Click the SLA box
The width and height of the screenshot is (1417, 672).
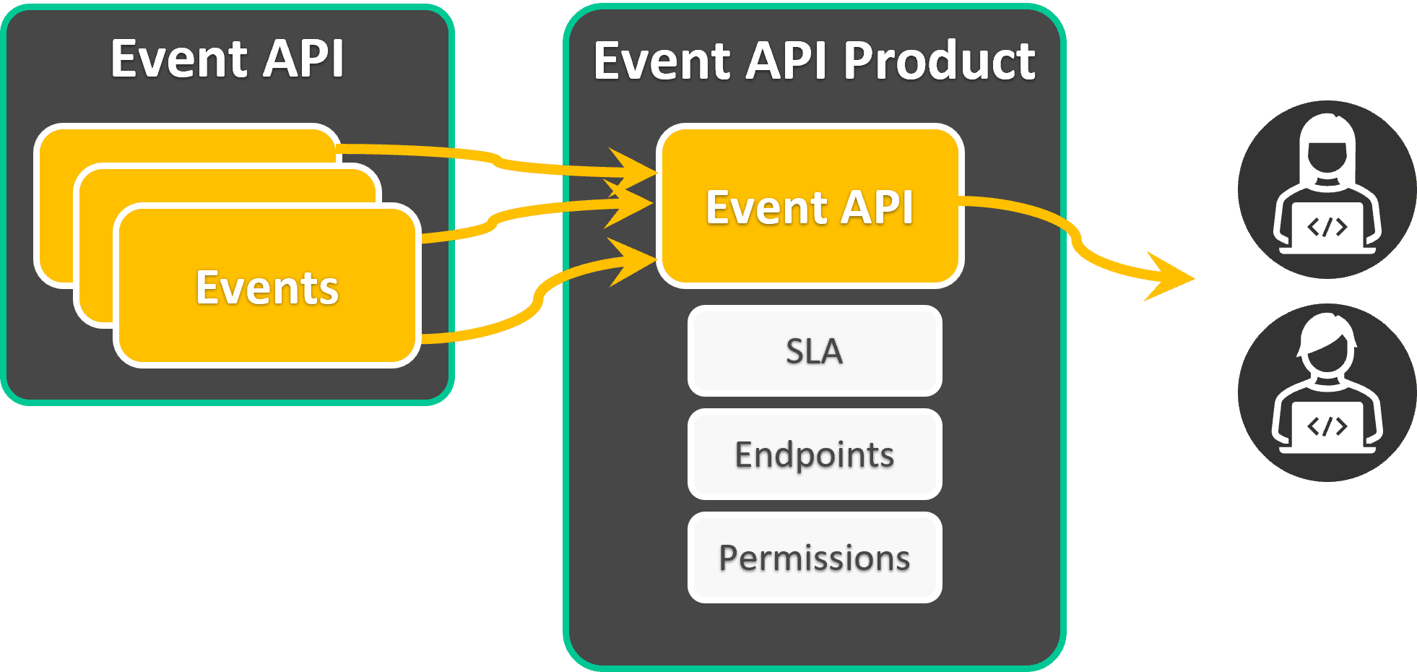tap(815, 351)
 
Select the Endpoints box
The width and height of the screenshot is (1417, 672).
tap(815, 455)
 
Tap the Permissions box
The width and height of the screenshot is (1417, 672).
tap(815, 558)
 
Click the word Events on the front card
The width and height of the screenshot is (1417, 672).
tap(267, 288)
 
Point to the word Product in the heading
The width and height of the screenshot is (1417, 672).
tap(939, 61)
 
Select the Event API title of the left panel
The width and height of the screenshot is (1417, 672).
tap(227, 59)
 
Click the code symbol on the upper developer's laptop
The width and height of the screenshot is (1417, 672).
tap(1327, 228)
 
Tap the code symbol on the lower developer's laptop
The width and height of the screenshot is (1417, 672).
tap(1327, 426)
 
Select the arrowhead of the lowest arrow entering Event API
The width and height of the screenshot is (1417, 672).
tap(636, 261)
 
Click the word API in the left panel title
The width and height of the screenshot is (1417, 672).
tap(303, 59)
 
